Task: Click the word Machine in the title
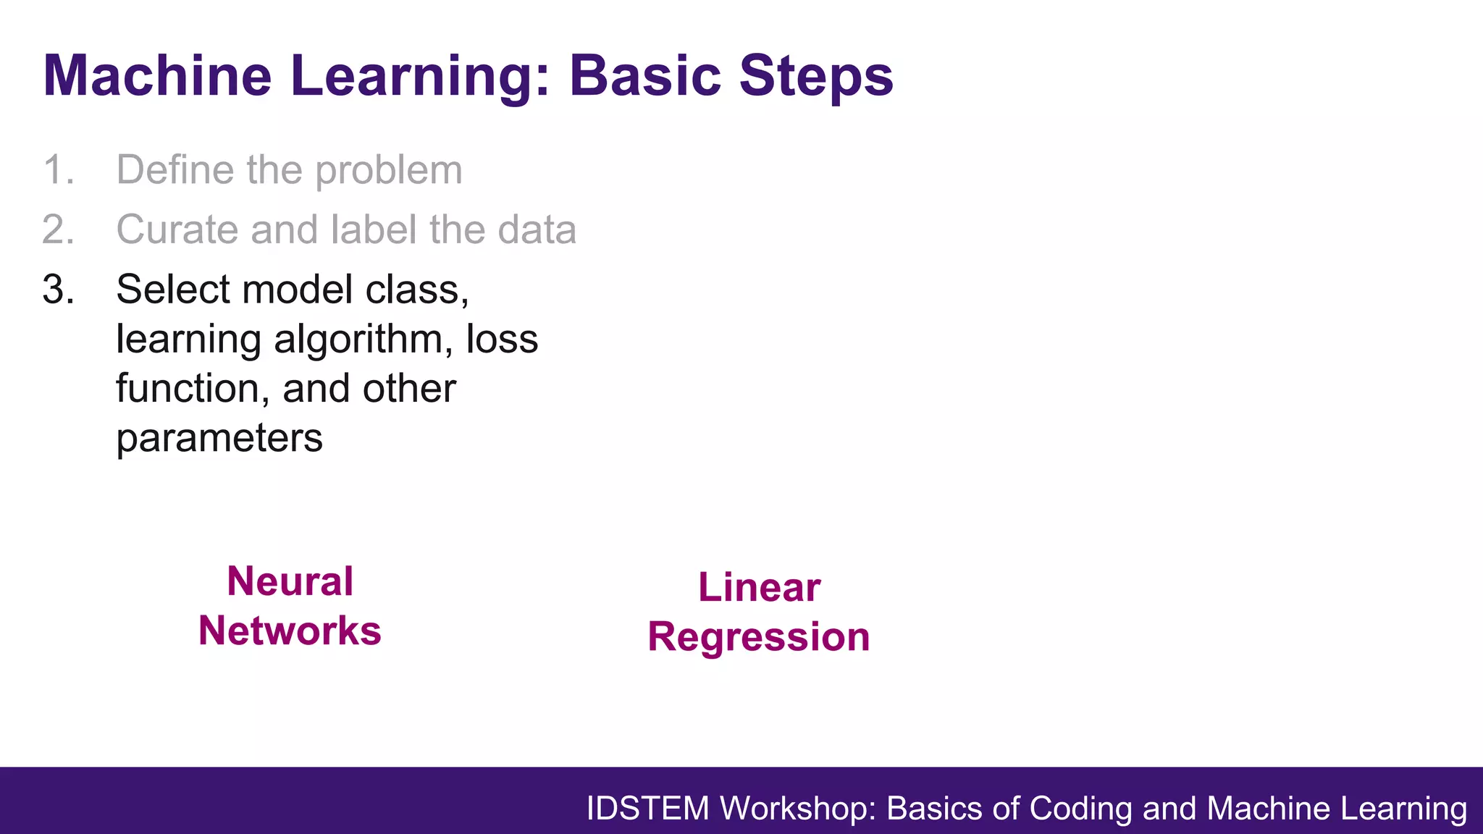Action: (x=157, y=76)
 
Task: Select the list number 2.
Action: (x=58, y=230)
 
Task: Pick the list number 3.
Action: (x=58, y=290)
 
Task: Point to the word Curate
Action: (x=177, y=230)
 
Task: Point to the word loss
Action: (x=502, y=339)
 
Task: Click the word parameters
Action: (x=219, y=439)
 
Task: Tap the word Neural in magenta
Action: (x=290, y=581)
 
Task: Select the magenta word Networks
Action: (x=290, y=631)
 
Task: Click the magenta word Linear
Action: (x=759, y=587)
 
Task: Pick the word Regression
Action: (x=758, y=637)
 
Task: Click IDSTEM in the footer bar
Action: (x=647, y=809)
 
